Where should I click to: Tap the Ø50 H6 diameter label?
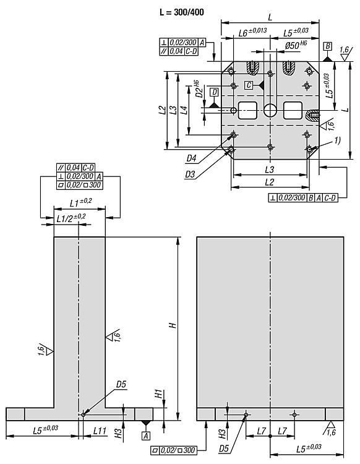[x=295, y=45]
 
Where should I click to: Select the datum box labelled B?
[x=328, y=46]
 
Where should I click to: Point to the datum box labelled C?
[x=248, y=85]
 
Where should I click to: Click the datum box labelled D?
[x=214, y=92]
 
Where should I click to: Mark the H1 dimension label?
[x=158, y=393]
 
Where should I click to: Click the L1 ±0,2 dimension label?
[x=80, y=202]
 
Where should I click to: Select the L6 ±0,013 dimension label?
[x=252, y=31]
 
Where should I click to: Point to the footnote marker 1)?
[x=337, y=140]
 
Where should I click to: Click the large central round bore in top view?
[x=270, y=110]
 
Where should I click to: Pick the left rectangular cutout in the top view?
[x=248, y=111]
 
